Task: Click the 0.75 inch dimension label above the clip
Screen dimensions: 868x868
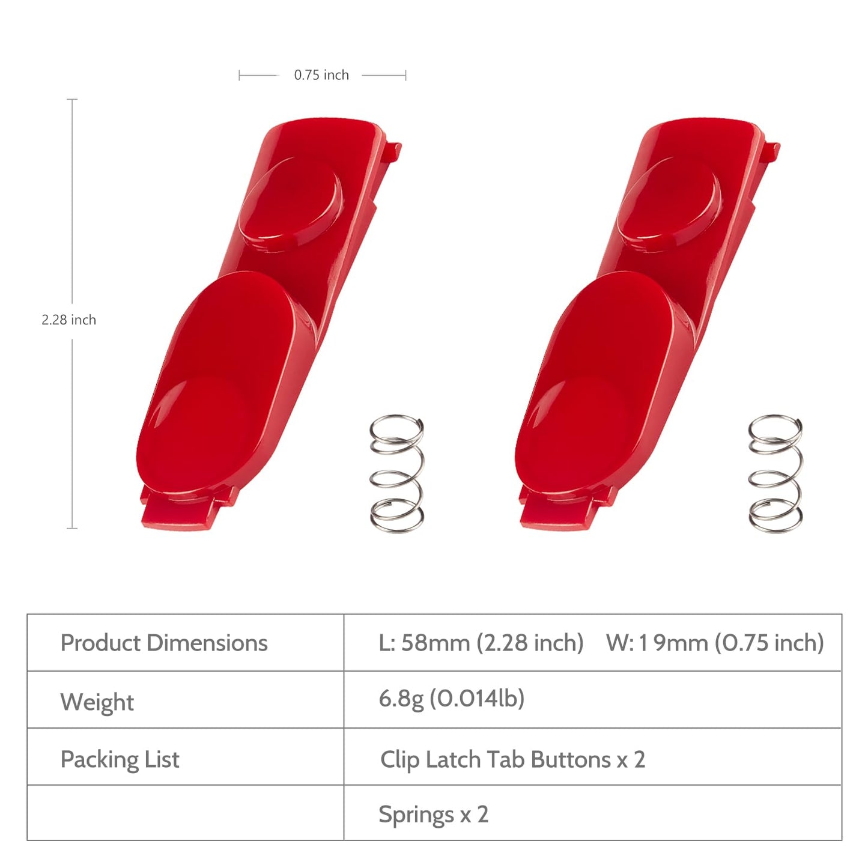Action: [321, 75]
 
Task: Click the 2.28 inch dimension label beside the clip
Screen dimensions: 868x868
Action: [68, 320]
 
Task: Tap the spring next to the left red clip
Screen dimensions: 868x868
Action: [396, 473]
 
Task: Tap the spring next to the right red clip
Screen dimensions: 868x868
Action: [775, 473]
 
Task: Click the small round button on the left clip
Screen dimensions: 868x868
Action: [291, 202]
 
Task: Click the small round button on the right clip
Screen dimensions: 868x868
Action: [669, 202]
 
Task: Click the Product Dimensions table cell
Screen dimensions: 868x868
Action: [164, 643]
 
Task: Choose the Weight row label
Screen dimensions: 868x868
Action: [97, 702]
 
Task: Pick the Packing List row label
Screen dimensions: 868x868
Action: [120, 759]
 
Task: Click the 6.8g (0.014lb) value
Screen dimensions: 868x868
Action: [452, 699]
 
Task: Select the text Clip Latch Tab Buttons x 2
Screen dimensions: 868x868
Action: [513, 760]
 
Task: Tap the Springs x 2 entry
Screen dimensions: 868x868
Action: [434, 815]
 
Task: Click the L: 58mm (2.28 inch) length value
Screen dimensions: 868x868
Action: [481, 643]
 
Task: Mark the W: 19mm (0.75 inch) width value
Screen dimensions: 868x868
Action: [715, 643]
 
